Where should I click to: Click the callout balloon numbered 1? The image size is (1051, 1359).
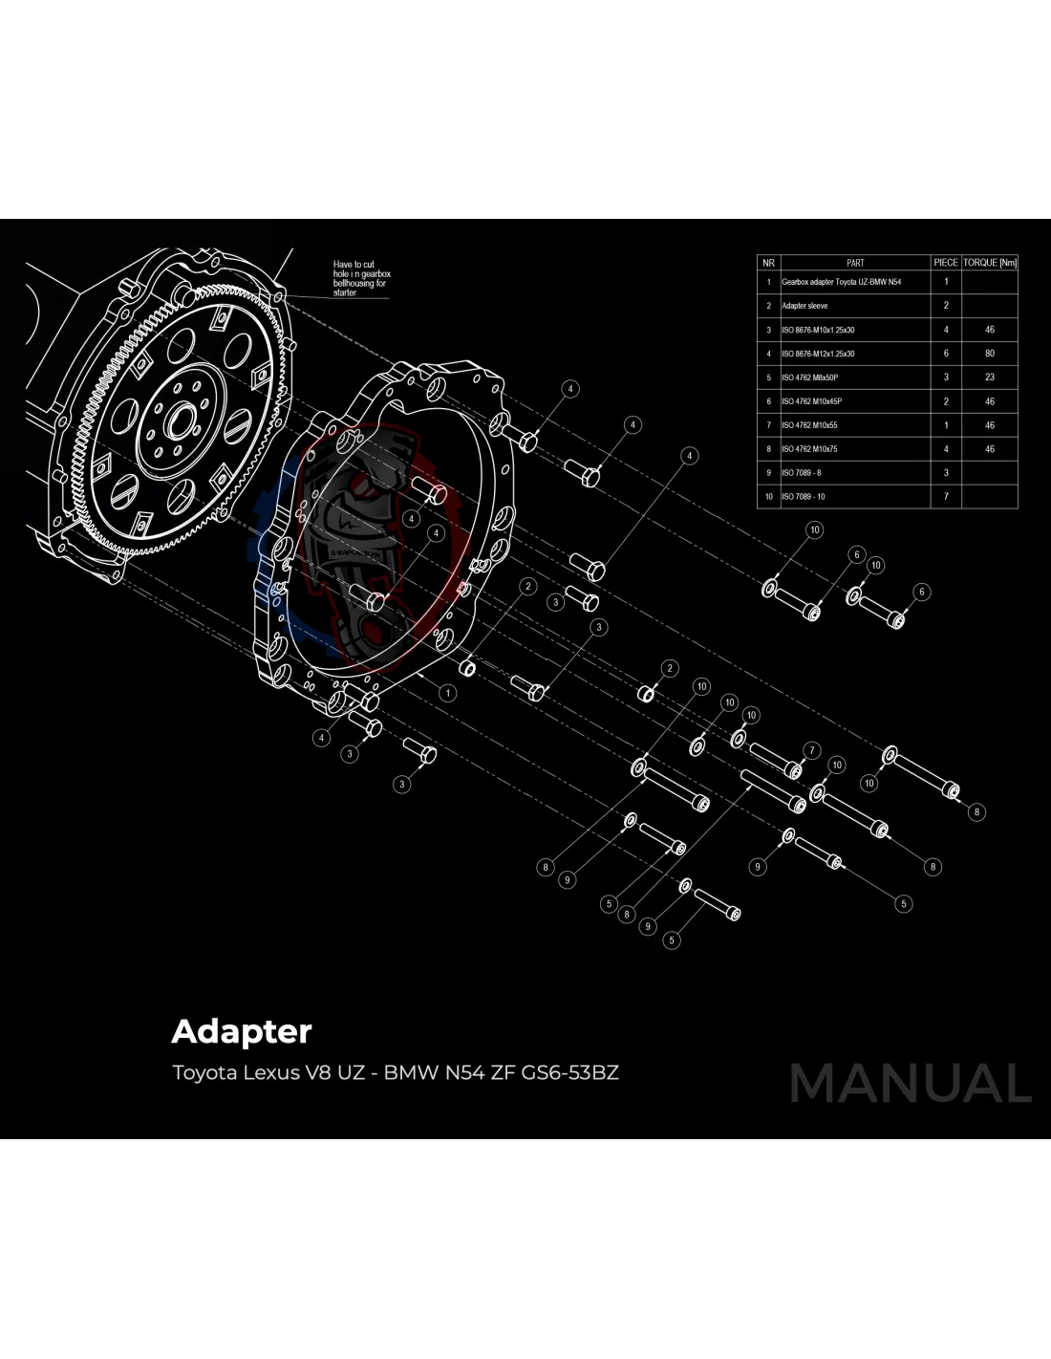pyautogui.click(x=448, y=693)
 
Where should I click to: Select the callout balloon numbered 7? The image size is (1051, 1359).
pyautogui.click(x=811, y=750)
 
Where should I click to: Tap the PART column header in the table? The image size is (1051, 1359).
pyautogui.click(x=855, y=263)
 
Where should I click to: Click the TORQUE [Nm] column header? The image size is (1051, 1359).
pyautogui.click(x=990, y=263)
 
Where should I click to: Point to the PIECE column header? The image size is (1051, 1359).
pyautogui.click(x=945, y=263)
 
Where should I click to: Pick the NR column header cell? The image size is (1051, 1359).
pyautogui.click(x=768, y=263)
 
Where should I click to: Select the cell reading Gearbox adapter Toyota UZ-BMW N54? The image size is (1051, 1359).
pyautogui.click(x=841, y=282)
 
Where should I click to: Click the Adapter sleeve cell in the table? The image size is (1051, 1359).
pyautogui.click(x=804, y=306)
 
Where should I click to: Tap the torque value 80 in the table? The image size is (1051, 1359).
pyautogui.click(x=990, y=354)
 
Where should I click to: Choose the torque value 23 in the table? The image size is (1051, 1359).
pyautogui.click(x=990, y=377)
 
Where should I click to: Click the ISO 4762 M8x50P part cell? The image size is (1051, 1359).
pyautogui.click(x=809, y=377)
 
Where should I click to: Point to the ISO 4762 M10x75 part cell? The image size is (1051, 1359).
pyautogui.click(x=809, y=449)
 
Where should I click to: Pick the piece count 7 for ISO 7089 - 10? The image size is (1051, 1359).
pyautogui.click(x=946, y=497)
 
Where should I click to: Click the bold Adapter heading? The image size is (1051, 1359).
pyautogui.click(x=242, y=1032)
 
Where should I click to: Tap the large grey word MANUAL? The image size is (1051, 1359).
pyautogui.click(x=910, y=1084)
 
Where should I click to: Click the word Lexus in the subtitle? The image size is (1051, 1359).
pyautogui.click(x=270, y=1072)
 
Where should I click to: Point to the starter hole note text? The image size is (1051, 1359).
pyautogui.click(x=361, y=278)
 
